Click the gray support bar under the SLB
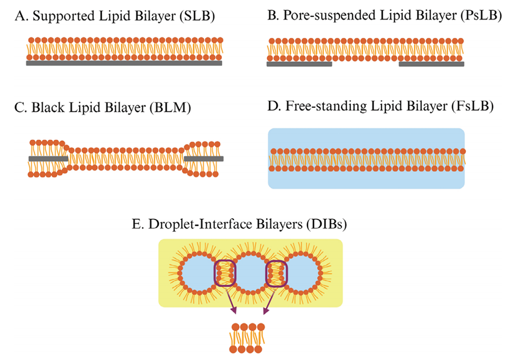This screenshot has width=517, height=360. [124, 63]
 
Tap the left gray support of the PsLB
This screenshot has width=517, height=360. [299, 64]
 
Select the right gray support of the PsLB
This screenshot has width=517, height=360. [431, 64]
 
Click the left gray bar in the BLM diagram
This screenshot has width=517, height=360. [48, 159]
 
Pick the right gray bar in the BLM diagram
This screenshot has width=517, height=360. [204, 159]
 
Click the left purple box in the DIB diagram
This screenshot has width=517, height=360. [225, 274]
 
